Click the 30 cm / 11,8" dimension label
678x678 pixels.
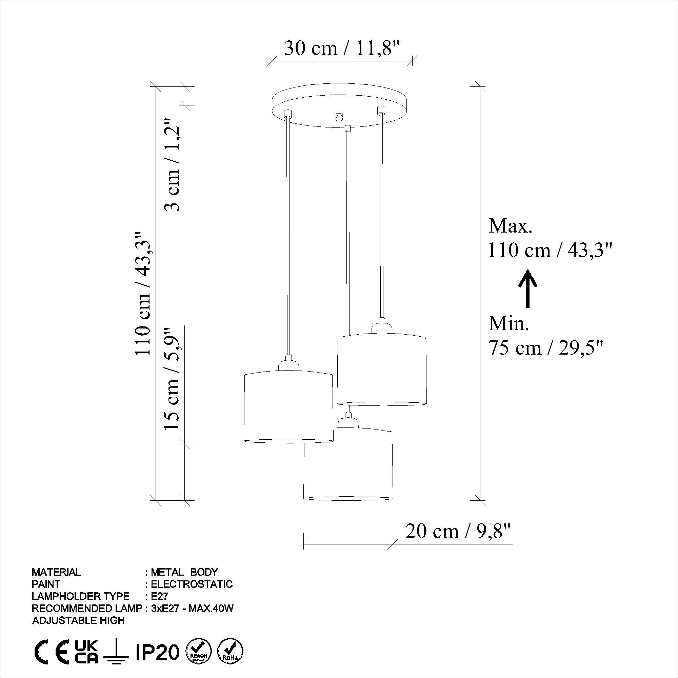(342, 48)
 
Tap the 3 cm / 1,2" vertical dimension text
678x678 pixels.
(172, 164)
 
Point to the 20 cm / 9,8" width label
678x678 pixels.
(457, 531)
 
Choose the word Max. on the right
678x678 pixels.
(510, 226)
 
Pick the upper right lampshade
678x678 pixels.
(381, 369)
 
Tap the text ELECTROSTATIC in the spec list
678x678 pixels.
(192, 584)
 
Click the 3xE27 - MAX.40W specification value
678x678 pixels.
(192, 608)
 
